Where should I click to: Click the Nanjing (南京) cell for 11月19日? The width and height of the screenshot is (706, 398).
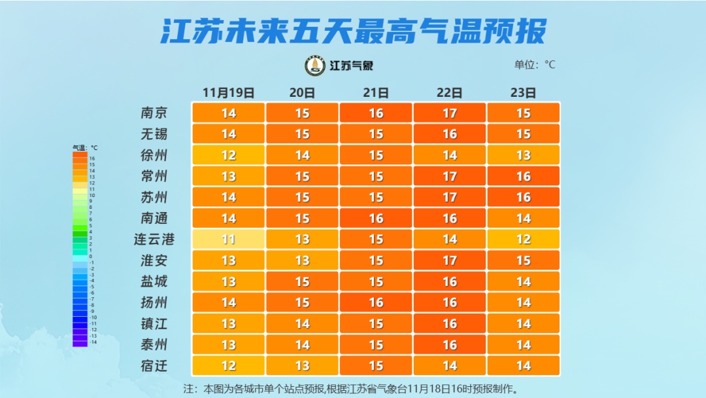[x=228, y=113]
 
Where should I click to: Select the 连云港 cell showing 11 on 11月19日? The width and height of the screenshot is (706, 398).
[x=228, y=240]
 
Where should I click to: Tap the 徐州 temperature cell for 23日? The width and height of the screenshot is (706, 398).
[x=524, y=155]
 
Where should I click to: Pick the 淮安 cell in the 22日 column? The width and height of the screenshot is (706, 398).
[x=450, y=261]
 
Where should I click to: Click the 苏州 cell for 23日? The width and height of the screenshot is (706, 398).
[x=524, y=197]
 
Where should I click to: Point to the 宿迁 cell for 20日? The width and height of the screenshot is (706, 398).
[x=302, y=365]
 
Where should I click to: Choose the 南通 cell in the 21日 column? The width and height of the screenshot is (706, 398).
[x=376, y=218]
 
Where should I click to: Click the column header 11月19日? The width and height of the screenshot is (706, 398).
[x=228, y=92]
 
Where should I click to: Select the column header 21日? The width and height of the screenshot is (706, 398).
[x=376, y=92]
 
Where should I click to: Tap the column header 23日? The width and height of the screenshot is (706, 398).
[x=524, y=92]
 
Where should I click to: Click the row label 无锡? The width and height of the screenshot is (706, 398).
[x=154, y=134]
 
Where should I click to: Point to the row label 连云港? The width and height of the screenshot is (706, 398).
[x=154, y=240]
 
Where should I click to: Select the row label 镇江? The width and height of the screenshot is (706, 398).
[x=154, y=323]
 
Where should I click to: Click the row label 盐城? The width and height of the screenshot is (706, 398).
[x=154, y=281]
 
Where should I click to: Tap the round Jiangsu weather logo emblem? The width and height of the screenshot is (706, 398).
[x=315, y=65]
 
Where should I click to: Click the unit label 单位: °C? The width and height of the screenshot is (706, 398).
[x=534, y=65]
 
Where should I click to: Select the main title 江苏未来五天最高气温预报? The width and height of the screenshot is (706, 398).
[x=353, y=31]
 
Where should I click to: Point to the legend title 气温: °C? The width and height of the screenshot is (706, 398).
[x=84, y=148]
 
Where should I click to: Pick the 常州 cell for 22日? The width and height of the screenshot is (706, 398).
[x=450, y=176]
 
